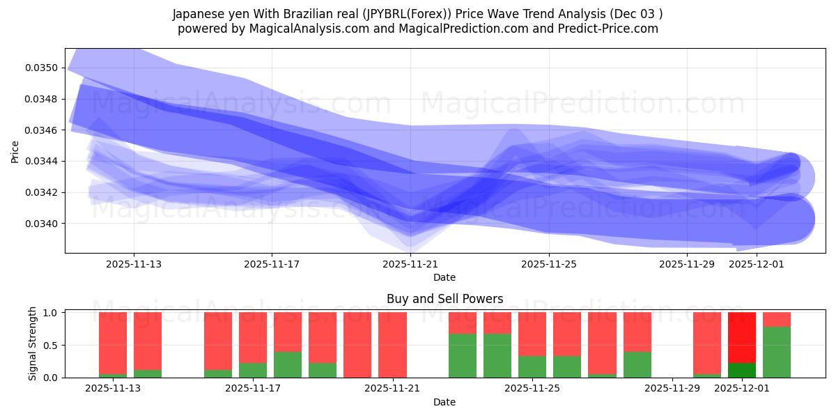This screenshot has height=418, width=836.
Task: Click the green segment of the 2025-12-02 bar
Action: coord(777,353)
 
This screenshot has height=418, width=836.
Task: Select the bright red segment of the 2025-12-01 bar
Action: coord(742,337)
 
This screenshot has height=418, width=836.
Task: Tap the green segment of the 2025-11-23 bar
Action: coord(463,355)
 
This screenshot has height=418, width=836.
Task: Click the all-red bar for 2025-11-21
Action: coord(392,345)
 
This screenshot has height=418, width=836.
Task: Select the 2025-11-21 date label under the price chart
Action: coord(410,264)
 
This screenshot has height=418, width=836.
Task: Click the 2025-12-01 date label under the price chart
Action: coord(757,264)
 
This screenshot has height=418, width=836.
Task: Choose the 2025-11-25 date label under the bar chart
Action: coord(532,389)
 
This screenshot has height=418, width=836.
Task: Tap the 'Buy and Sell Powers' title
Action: coord(444,299)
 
